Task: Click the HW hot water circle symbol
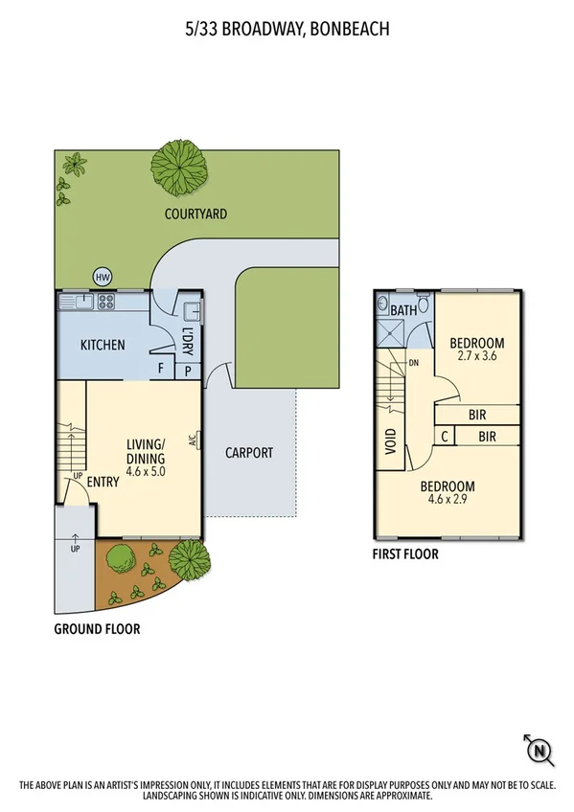point(103,278)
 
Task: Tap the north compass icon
point(540,749)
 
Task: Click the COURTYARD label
point(195,214)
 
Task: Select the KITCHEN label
point(102,345)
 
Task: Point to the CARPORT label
point(249,453)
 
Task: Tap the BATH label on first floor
point(404,310)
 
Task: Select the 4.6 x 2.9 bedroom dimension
point(448,500)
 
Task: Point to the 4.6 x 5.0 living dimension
point(148,457)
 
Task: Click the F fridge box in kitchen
point(161,370)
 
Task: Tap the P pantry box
point(188,370)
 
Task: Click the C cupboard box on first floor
point(444,436)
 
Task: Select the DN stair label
point(415,363)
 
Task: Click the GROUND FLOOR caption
point(97,629)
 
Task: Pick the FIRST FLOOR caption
point(406,554)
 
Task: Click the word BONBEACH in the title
point(344,29)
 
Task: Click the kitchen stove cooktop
point(105,303)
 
